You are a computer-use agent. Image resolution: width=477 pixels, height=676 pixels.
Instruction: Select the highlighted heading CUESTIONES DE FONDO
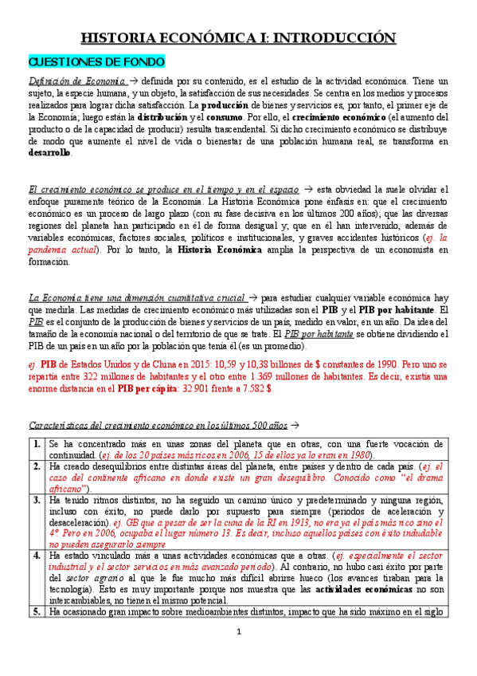96,61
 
